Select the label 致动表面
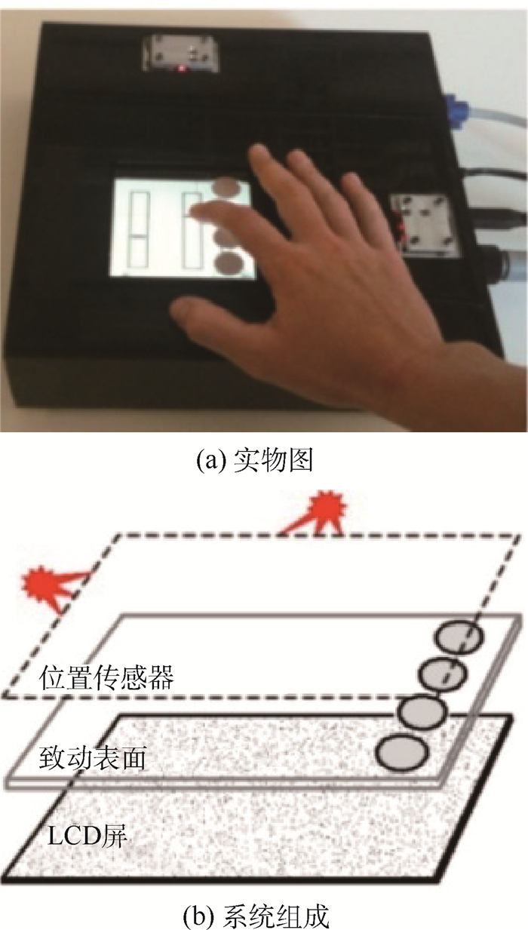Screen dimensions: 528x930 (x=92, y=759)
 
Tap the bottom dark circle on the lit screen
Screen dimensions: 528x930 (x=229, y=263)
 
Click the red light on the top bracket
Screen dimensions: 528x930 (x=181, y=68)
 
